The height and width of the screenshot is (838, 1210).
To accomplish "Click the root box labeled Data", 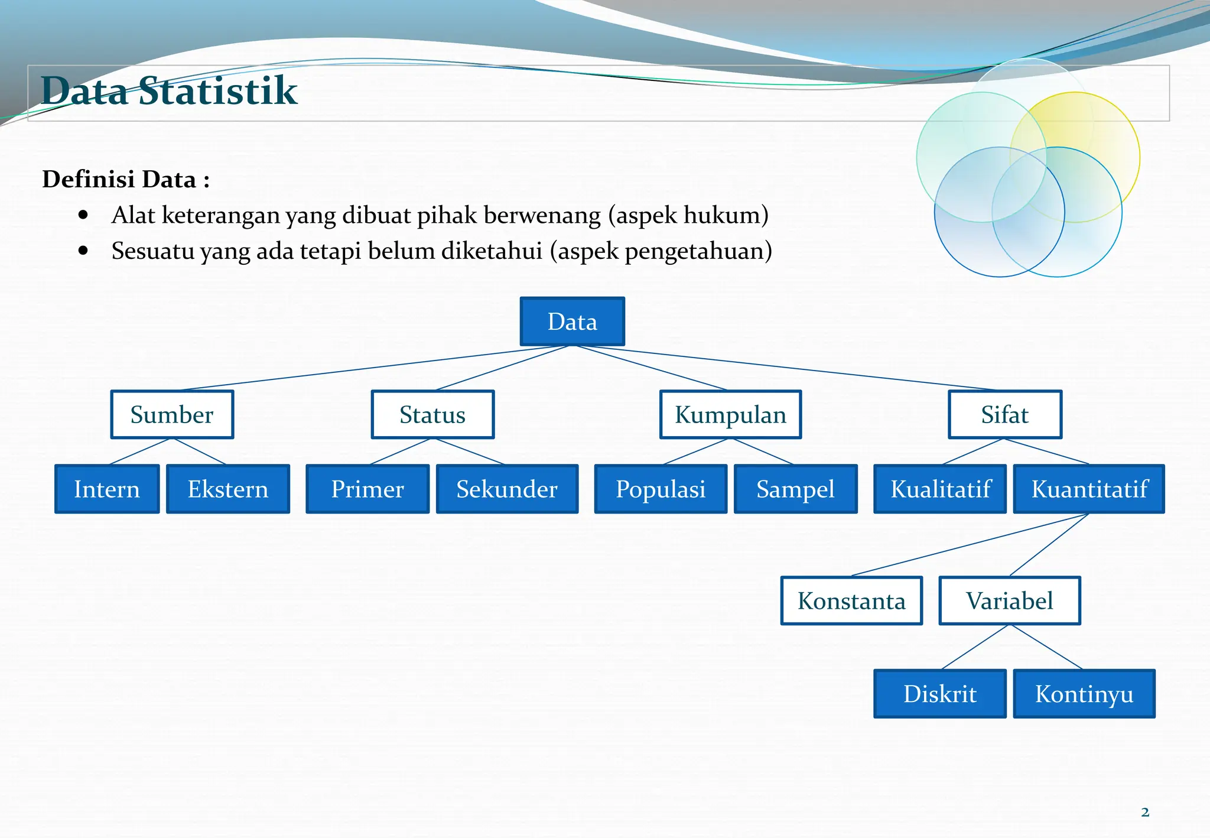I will tap(572, 321).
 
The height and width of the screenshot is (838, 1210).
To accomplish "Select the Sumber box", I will tap(172, 414).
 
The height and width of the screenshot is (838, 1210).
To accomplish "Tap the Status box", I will tap(432, 414).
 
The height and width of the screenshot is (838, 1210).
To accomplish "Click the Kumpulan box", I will tap(730, 414).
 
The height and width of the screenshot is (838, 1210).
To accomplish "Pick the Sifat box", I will tap(1004, 414).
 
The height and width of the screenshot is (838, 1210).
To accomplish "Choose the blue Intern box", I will tap(107, 489).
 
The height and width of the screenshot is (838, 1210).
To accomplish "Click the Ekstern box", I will tap(228, 489).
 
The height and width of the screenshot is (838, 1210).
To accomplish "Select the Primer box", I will tap(367, 489).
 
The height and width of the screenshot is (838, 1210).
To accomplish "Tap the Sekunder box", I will tap(507, 489).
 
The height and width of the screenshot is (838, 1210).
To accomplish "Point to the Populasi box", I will tap(661, 489).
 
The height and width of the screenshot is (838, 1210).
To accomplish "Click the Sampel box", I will tap(795, 489).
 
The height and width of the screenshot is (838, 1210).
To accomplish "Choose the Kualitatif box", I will tap(940, 489).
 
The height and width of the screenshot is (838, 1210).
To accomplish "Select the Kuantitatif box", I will tap(1089, 489).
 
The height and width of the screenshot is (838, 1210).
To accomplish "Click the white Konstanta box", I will tap(851, 600).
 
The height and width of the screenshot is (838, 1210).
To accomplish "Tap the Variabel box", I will tap(1010, 600).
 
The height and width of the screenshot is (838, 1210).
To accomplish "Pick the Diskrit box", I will tap(940, 693).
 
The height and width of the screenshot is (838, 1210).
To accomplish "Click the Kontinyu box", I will tap(1084, 693).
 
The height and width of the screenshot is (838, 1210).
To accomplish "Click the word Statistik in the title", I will tap(217, 91).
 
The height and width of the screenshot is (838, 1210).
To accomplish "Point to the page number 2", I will tap(1145, 812).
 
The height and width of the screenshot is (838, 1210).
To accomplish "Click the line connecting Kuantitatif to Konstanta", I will tap(969, 545).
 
